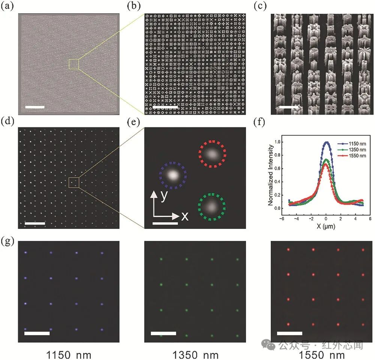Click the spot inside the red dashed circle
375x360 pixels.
212,154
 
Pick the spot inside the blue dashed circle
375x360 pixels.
173,175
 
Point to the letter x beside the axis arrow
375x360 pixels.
185,217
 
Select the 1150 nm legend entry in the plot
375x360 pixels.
349,143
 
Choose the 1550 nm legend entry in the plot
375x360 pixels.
349,155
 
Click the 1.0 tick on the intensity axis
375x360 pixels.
278,142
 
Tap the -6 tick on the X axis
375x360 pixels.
282,219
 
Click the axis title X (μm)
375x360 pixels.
326,227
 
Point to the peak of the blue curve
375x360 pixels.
326,142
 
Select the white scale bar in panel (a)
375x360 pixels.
35,107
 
